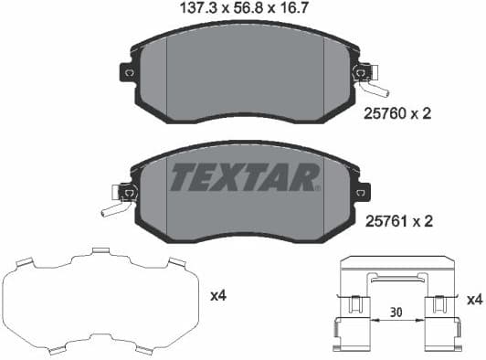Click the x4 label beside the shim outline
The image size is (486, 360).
(219, 296)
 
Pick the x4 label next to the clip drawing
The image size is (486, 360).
(474, 299)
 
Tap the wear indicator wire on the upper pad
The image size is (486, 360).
(376, 88)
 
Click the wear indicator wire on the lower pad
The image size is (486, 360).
(113, 209)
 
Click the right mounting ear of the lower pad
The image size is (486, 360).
(364, 192)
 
